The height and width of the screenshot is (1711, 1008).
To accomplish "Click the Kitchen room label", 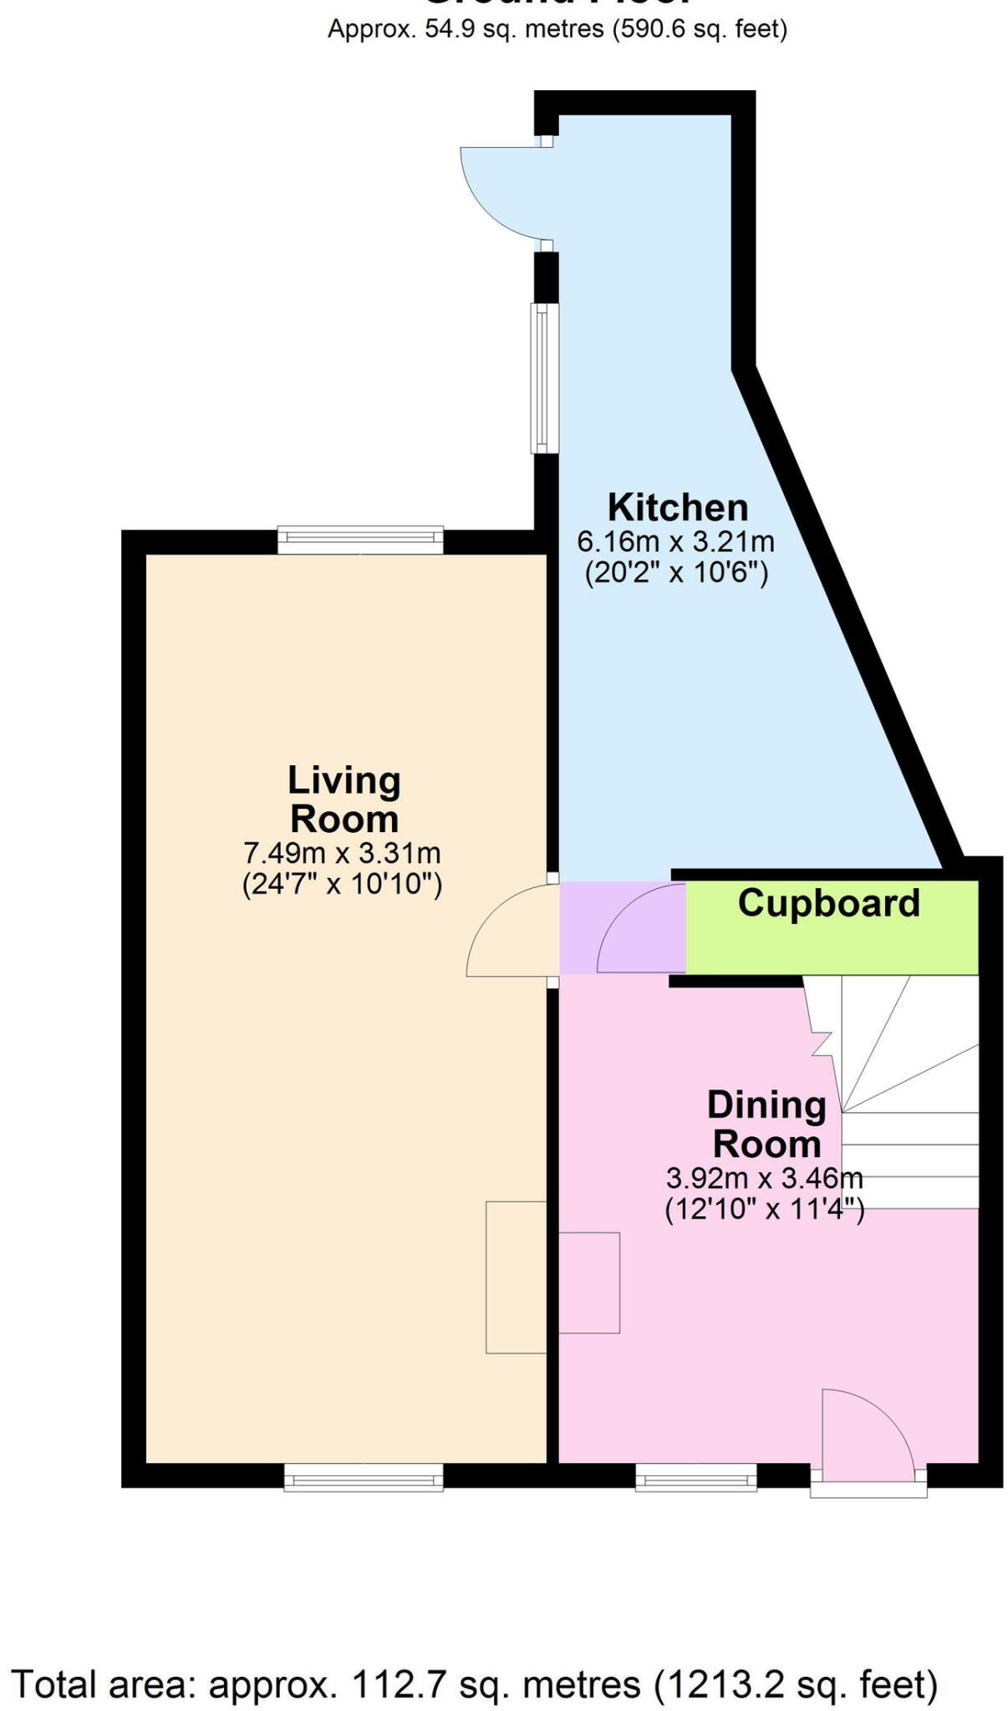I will click(677, 507).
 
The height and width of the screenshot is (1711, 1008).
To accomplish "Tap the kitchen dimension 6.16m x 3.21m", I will click(675, 541).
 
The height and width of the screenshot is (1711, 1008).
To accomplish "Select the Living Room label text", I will click(344, 800).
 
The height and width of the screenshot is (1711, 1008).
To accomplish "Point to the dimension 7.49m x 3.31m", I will click(342, 853).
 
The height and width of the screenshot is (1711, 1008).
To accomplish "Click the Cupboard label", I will click(828, 903).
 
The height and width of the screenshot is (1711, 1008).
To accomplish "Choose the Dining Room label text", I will click(766, 1124).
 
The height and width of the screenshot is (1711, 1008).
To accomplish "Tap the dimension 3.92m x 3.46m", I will click(764, 1178).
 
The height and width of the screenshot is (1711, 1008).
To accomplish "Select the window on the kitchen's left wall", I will click(545, 378).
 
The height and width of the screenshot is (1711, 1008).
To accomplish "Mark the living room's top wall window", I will click(360, 540).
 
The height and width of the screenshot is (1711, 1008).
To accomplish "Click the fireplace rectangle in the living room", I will click(516, 1277).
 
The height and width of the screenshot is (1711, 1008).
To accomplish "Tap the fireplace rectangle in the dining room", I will click(589, 1282).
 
